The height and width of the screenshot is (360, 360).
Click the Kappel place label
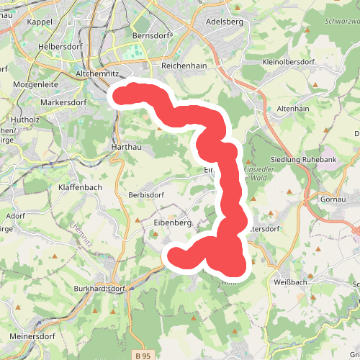40,22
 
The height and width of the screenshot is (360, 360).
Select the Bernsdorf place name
150,35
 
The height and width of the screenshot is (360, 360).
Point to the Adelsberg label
225,22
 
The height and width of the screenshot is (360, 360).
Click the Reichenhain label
184,65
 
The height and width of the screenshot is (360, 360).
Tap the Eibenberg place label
172,223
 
